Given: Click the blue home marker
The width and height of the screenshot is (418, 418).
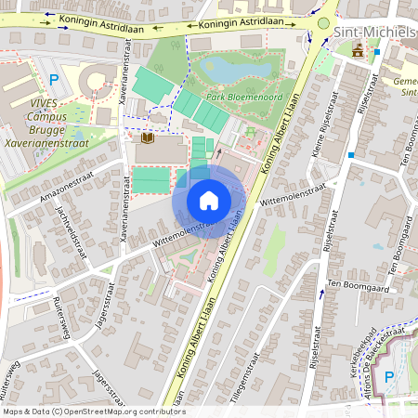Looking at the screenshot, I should (209, 201).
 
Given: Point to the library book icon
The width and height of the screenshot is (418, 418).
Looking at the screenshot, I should (147, 137).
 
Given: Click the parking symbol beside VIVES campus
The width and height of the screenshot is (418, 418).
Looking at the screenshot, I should (54, 81).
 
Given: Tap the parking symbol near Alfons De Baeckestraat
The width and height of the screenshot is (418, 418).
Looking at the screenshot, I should (389, 376).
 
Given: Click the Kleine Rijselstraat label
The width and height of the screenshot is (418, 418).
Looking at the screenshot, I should (332, 136).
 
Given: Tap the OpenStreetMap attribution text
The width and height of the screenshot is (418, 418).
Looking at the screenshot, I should (93, 411).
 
